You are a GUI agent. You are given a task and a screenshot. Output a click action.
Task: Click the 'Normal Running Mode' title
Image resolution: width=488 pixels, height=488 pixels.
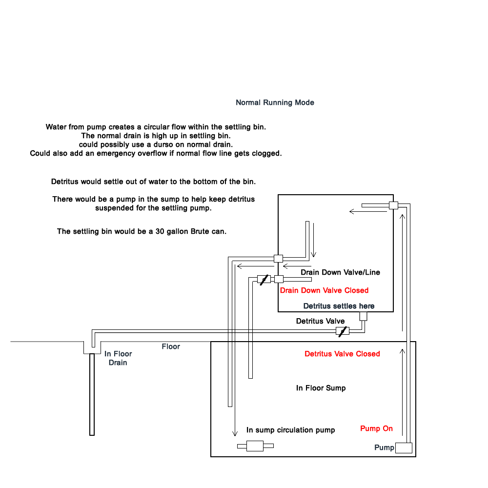(x=275, y=102)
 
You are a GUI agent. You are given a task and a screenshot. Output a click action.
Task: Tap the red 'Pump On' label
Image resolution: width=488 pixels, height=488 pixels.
(x=376, y=428)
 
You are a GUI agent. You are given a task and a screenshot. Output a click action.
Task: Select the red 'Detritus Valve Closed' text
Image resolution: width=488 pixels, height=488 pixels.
(x=342, y=354)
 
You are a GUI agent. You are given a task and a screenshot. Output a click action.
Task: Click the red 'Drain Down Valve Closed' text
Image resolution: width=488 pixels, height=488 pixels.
(x=324, y=290)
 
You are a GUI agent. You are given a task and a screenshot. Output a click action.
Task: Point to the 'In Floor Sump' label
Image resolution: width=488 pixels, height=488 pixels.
(x=321, y=388)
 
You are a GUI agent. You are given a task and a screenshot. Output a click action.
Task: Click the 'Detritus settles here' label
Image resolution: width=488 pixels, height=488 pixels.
(x=339, y=306)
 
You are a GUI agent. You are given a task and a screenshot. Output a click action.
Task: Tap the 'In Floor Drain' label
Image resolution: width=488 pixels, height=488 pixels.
(x=118, y=358)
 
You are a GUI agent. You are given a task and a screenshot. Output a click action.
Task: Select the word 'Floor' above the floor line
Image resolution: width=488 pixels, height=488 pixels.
(x=170, y=346)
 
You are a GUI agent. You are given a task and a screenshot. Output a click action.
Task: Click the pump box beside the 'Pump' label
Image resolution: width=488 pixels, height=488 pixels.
(x=404, y=448)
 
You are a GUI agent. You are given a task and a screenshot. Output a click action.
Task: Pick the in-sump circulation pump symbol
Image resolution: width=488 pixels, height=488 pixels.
(x=255, y=446)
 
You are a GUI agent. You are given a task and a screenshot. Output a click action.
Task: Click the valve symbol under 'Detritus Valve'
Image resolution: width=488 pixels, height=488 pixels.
(x=343, y=331)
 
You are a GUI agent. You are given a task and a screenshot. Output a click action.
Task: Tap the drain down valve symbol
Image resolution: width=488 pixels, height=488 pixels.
(x=264, y=279)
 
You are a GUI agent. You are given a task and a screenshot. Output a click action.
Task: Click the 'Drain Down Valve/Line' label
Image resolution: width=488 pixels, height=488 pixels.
(x=340, y=272)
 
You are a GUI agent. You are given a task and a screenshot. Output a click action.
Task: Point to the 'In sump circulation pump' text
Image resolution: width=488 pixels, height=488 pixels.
(x=290, y=430)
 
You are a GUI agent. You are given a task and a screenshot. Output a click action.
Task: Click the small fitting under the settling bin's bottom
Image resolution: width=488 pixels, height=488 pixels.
(x=363, y=316)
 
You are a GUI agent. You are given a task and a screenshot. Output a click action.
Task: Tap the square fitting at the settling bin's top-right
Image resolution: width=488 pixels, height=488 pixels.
(x=394, y=205)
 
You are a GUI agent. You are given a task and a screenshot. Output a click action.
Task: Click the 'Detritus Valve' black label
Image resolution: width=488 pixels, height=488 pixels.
(x=320, y=321)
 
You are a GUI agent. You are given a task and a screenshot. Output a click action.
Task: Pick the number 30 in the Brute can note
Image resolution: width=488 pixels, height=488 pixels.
(x=160, y=231)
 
